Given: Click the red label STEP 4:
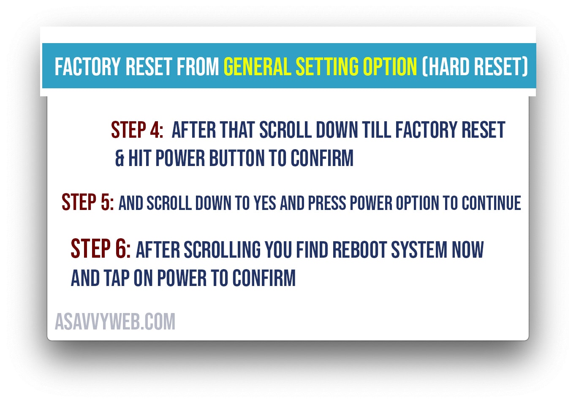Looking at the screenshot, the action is pyautogui.click(x=137, y=130).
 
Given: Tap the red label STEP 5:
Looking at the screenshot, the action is pyautogui.click(x=88, y=202).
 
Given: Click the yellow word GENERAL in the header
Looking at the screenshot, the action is pyautogui.click(x=258, y=67).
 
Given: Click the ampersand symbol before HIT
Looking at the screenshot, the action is pyautogui.click(x=120, y=158).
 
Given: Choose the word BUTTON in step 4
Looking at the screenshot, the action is pyautogui.click(x=236, y=158).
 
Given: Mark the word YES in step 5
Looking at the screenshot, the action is pyautogui.click(x=265, y=203).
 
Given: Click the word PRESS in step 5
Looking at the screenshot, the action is pyautogui.click(x=327, y=203).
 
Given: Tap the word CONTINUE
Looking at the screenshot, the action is pyautogui.click(x=492, y=203).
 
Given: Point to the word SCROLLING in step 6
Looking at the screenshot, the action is pyautogui.click(x=222, y=250).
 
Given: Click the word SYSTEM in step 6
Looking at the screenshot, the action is pyautogui.click(x=419, y=250).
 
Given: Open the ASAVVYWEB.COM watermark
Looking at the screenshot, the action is pyautogui.click(x=115, y=321).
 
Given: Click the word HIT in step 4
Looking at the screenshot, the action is pyautogui.click(x=139, y=158).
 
